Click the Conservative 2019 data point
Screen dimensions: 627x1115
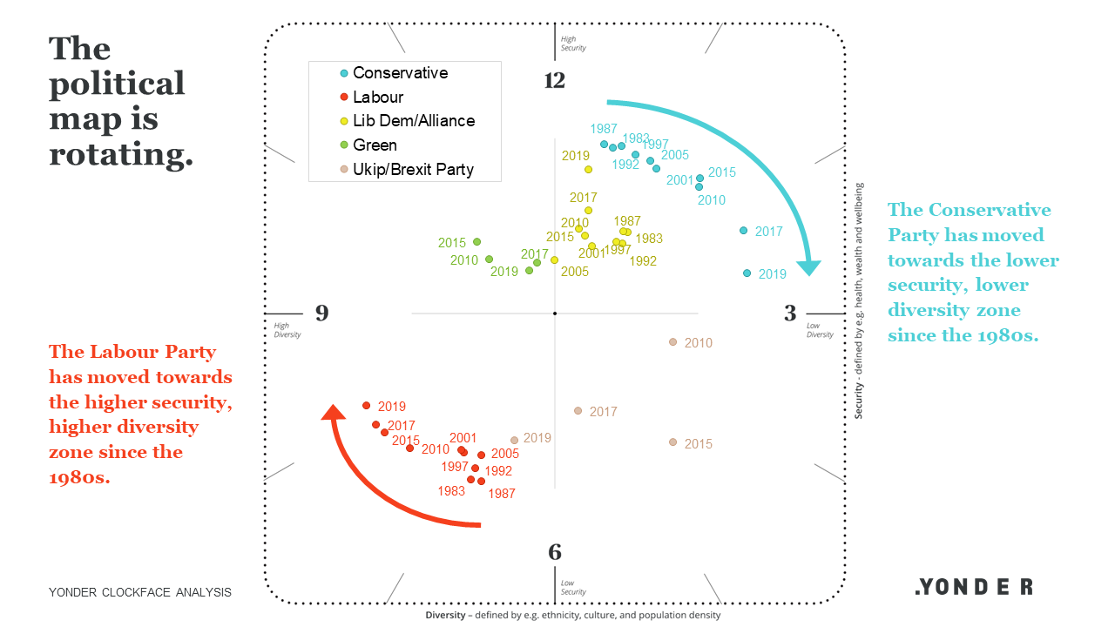tap(747, 273)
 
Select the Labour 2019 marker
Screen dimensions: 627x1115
tap(367, 406)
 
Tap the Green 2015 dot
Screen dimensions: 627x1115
tap(476, 242)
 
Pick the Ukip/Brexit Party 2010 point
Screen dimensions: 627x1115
tap(672, 342)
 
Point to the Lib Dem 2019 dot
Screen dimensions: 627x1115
tap(588, 169)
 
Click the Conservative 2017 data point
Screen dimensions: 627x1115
tap(743, 231)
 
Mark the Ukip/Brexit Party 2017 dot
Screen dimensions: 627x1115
tap(578, 411)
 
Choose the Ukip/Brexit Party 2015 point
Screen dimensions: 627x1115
tap(672, 442)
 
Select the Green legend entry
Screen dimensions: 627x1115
tap(375, 145)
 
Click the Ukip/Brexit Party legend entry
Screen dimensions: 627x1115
tap(412, 170)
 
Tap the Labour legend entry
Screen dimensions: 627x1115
tap(377, 98)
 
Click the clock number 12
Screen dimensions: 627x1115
tap(555, 81)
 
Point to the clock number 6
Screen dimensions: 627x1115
tap(555, 553)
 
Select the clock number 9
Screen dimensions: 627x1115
tap(322, 313)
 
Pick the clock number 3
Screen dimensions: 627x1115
tap(789, 313)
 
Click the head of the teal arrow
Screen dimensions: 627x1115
tap(810, 266)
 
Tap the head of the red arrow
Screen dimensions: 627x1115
tap(332, 412)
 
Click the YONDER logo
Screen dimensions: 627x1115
tap(974, 587)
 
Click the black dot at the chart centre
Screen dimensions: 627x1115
tap(555, 313)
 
